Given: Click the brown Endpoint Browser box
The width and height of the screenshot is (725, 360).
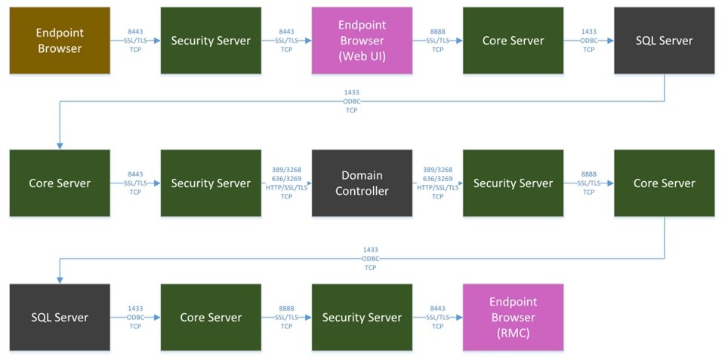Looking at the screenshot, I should [x=60, y=41].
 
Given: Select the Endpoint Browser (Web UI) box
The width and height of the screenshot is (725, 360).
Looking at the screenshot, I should [x=362, y=41].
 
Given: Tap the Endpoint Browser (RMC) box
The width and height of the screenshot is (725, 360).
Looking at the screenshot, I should [x=513, y=318].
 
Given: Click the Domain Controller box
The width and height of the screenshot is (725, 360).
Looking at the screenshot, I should [x=362, y=183].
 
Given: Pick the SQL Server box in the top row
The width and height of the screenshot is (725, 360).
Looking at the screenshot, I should [x=664, y=41].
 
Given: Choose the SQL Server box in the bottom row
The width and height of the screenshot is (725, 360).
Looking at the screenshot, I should [x=60, y=318].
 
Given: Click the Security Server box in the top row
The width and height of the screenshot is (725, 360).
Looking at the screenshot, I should [x=211, y=41].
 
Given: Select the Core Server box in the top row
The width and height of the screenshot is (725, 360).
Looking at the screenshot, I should [x=513, y=41].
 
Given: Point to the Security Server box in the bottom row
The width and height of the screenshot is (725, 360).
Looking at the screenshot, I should [x=362, y=318].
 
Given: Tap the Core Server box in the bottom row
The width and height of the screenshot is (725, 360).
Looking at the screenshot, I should [x=211, y=318].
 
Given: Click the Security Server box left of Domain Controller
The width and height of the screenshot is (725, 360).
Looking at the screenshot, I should [x=211, y=183].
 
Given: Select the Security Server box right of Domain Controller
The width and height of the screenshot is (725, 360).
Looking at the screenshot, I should [x=513, y=183].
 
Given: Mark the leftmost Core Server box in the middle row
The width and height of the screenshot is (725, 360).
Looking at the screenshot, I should [x=60, y=183].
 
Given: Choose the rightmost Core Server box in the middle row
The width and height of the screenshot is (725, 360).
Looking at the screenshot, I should [x=664, y=183].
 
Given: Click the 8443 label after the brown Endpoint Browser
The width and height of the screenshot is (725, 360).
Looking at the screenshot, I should [x=135, y=32].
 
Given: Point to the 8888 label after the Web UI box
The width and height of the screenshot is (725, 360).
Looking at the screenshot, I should [x=437, y=32].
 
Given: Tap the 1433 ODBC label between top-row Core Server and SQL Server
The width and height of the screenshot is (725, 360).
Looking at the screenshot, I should [x=588, y=32].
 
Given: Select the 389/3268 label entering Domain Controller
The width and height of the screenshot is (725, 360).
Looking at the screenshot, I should [x=286, y=171].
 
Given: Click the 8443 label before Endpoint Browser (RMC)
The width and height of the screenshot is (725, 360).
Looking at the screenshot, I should [x=437, y=309].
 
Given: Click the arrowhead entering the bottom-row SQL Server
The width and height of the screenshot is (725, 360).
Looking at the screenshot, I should [x=60, y=280].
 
